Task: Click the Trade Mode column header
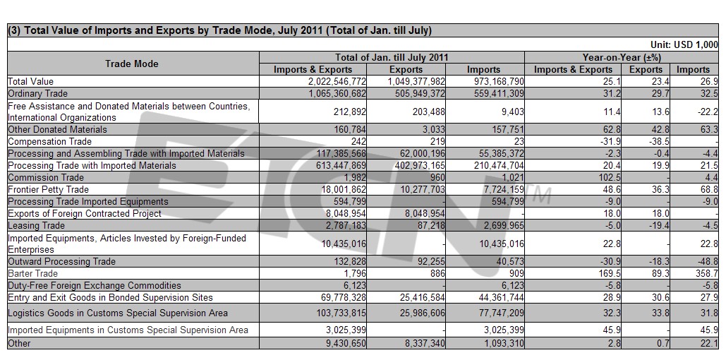coord(131,64)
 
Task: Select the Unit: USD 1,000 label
coord(684,45)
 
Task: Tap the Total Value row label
coord(30,82)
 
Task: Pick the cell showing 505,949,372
coord(416,94)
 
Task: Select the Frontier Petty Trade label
coord(48,189)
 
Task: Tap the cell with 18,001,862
coord(343,189)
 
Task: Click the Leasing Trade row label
coord(37,226)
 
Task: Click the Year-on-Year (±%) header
coord(622,57)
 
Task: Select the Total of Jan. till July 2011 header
coord(392,57)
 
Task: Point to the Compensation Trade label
coord(50,141)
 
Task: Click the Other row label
coord(19,343)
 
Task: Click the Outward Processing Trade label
coord(61,261)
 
